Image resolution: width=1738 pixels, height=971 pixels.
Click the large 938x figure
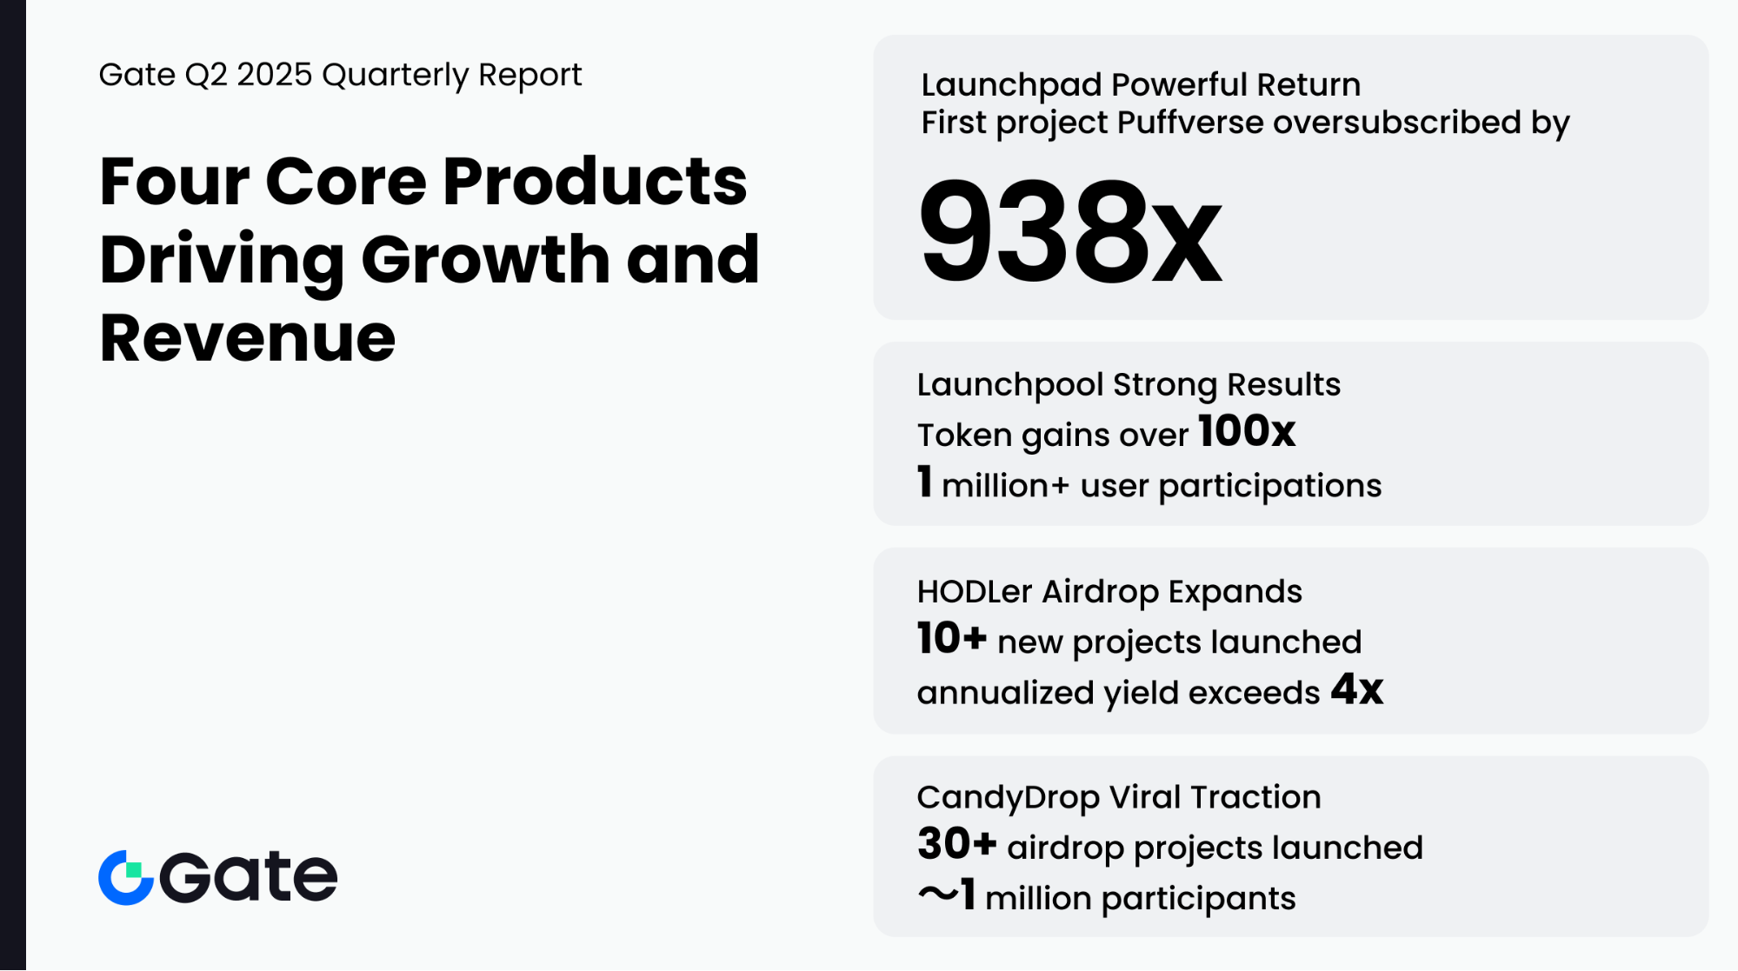1070,231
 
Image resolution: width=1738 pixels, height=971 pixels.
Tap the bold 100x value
1247,431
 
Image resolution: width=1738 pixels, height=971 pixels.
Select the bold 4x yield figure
1357,689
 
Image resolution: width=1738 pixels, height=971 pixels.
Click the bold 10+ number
952,638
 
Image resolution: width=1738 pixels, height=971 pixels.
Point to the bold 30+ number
956,843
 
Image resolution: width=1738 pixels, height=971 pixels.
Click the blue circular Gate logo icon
126,877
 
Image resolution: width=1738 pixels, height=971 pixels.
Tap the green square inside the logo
133,870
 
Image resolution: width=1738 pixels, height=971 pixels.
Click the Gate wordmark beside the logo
249,877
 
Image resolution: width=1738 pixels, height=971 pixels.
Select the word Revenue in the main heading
248,337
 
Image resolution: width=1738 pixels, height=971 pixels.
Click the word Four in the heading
175,182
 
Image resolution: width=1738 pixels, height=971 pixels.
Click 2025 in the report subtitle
274,75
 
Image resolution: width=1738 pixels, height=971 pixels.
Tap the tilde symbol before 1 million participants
938,895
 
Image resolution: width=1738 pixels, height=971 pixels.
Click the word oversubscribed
1396,123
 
